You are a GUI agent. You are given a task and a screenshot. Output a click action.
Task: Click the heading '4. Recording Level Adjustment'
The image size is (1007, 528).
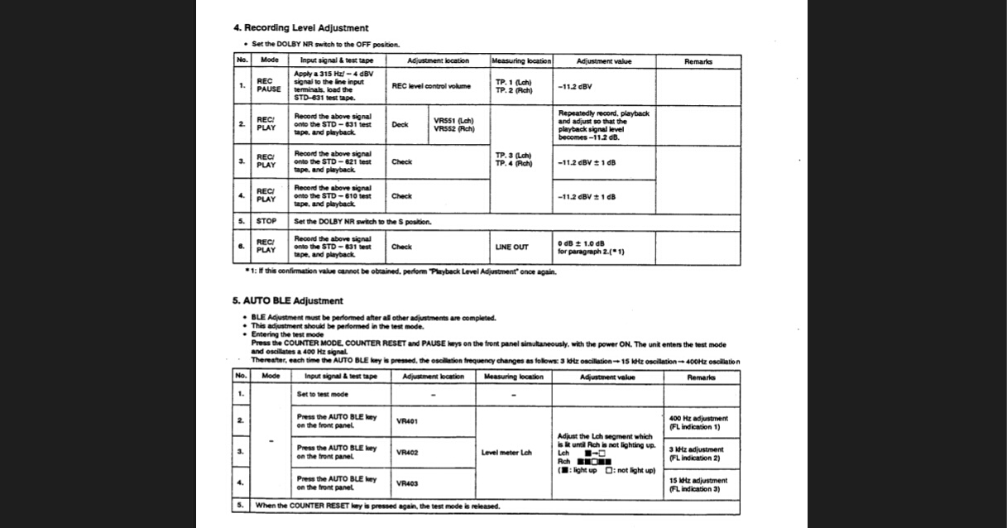[301, 28]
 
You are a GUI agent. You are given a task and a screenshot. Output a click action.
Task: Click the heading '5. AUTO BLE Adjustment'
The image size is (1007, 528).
[287, 300]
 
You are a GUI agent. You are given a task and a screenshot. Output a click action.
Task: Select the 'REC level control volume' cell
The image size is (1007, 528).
[430, 85]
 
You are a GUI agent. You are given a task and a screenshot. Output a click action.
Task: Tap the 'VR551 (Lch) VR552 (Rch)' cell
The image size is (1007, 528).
[454, 125]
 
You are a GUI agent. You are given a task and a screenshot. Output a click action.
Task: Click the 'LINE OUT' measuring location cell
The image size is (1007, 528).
[511, 247]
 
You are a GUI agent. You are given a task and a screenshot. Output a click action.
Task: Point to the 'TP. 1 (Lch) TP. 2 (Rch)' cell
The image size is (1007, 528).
[513, 86]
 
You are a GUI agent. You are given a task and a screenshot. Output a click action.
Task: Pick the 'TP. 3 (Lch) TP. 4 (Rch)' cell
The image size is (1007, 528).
[513, 159]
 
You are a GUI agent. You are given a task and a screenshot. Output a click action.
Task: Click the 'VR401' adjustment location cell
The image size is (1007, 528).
[407, 421]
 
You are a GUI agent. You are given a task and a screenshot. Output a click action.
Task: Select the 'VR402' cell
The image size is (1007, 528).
[407, 453]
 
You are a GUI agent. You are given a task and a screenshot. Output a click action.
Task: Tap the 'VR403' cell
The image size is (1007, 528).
[407, 483]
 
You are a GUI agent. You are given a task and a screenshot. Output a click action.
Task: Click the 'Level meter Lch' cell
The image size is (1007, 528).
[506, 453]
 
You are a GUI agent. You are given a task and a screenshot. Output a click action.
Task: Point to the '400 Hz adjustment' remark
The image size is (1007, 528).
[698, 419]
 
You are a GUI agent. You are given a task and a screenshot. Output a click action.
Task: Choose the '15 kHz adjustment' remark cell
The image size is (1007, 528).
[698, 480]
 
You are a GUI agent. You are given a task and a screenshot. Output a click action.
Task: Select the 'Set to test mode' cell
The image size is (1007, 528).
[323, 394]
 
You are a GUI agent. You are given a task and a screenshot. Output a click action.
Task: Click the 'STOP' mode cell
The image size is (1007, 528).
[266, 222]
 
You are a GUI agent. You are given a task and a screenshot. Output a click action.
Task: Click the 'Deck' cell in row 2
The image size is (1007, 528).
[400, 125]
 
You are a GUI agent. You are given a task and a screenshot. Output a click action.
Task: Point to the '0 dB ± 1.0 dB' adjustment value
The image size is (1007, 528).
[582, 243]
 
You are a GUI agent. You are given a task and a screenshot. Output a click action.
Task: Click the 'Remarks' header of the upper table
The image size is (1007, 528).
[698, 61]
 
